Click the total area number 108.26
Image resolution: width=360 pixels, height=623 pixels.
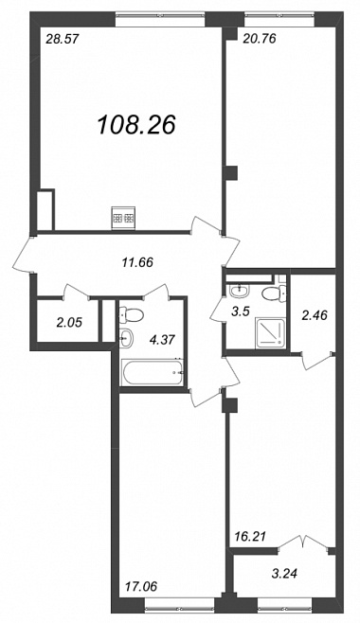pyautogui.click(x=136, y=124)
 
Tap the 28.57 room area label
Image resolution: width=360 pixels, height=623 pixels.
pyautogui.click(x=63, y=39)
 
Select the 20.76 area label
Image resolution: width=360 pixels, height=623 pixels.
pyautogui.click(x=259, y=39)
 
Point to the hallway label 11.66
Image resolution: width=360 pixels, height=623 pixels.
pyautogui.click(x=137, y=262)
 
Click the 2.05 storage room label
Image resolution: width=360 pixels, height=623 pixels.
pyautogui.click(x=69, y=323)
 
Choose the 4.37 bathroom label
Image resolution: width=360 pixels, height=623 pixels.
pyautogui.click(x=162, y=340)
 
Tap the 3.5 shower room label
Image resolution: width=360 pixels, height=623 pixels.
pyautogui.click(x=241, y=311)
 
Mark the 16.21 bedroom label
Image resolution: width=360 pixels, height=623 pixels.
pyautogui.click(x=247, y=537)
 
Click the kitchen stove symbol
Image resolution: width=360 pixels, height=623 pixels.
pyautogui.click(x=123, y=218)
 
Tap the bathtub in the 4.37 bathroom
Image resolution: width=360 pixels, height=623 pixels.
pyautogui.click(x=153, y=372)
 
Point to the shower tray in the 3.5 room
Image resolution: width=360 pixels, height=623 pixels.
pyautogui.click(x=271, y=332)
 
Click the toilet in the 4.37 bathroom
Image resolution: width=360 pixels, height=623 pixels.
pyautogui.click(x=131, y=315)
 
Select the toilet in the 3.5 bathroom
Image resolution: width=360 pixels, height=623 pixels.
pyautogui.click(x=273, y=292)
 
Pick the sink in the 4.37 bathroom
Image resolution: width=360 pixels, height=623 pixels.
pyautogui.click(x=126, y=339)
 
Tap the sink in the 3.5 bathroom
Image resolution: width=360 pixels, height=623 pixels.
pyautogui.click(x=239, y=291)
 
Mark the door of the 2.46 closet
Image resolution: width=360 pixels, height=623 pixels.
pyautogui.click(x=316, y=361)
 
